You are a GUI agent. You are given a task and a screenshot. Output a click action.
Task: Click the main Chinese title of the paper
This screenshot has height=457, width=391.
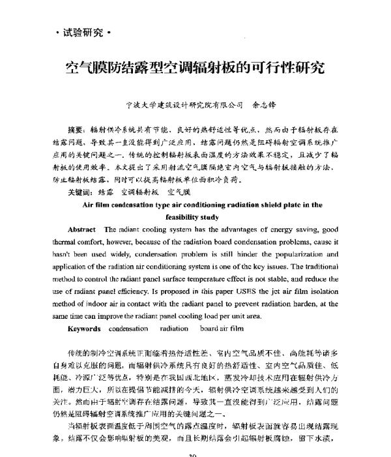point(195,67)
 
